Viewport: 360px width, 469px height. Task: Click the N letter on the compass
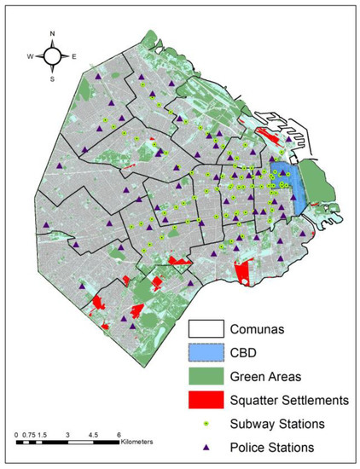[53, 35]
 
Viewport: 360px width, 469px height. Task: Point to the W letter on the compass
[30, 57]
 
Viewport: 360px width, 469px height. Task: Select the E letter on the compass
[74, 57]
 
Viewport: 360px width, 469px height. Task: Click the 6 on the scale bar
[118, 433]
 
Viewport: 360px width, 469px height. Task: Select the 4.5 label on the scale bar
[92, 433]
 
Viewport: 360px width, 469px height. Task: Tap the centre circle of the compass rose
[53, 56]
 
